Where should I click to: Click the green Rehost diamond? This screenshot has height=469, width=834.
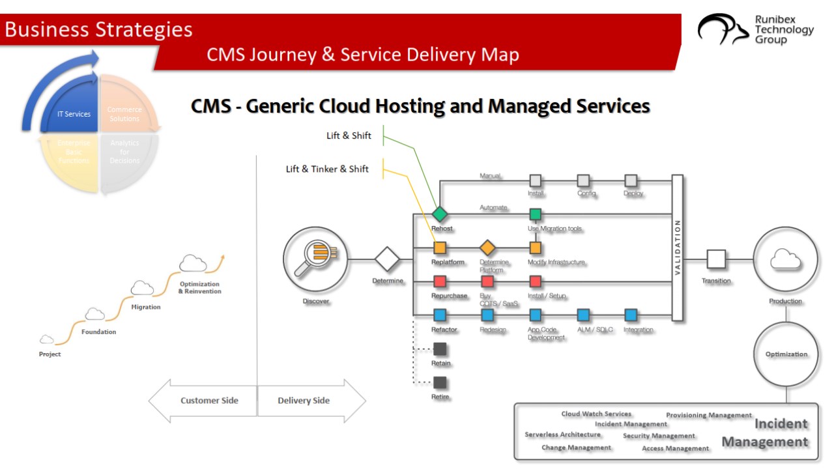440,214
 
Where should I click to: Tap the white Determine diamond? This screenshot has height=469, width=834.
387,260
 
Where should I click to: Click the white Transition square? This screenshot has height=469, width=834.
716,259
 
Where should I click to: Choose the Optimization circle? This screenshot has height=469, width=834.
786,354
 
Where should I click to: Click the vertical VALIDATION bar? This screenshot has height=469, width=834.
677,248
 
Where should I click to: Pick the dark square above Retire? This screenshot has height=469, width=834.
440,382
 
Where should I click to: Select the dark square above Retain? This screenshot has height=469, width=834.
440,349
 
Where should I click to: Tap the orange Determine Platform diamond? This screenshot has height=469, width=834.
487,248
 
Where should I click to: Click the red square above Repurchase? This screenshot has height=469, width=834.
440,281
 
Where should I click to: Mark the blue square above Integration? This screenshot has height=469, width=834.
631,315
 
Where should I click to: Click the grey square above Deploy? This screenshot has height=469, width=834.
631,180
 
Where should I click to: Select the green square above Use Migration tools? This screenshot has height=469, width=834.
536,214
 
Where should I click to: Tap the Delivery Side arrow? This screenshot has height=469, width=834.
311,401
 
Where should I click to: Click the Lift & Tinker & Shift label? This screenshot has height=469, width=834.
327,169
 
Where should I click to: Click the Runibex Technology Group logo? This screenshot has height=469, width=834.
756,30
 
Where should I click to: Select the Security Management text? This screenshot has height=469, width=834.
659,436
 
